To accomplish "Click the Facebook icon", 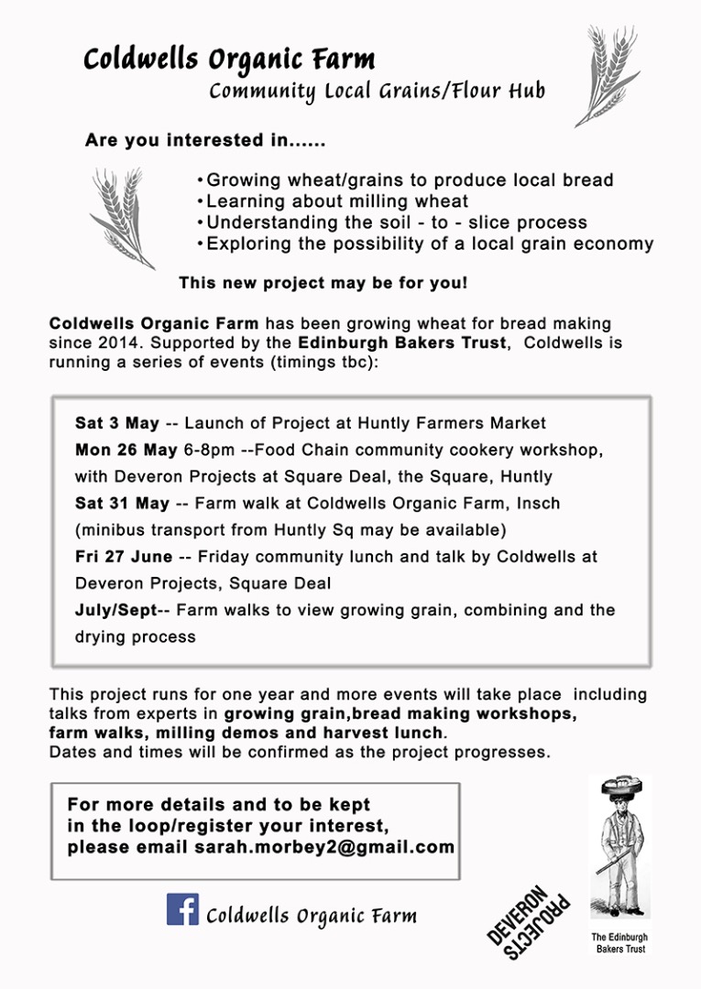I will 182,908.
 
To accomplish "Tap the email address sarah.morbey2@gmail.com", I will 324,847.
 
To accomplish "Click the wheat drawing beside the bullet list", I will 122,216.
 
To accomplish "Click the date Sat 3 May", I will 117,423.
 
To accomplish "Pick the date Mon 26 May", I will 126,450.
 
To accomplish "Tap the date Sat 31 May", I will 122,503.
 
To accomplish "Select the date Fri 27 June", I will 124,556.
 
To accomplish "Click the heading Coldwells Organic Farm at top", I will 229,60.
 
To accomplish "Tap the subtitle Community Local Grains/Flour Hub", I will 377,92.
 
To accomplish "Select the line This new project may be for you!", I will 323,283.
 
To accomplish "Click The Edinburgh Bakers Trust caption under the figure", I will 620,943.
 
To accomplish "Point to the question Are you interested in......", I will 205,141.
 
